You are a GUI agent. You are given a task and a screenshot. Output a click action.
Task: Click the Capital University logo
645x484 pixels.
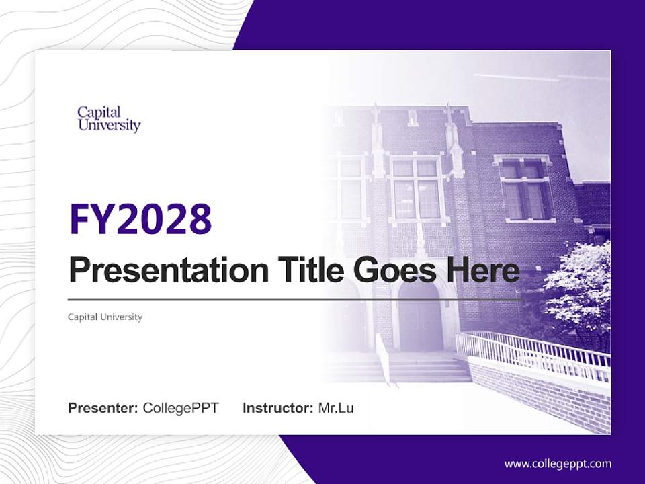click(x=109, y=118)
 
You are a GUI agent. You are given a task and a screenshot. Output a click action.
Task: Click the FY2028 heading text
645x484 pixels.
click(x=140, y=219)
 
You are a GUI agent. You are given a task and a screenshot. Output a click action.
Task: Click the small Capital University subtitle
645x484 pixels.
click(x=105, y=317)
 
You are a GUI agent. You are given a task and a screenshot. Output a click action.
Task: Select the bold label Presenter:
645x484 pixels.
click(x=103, y=408)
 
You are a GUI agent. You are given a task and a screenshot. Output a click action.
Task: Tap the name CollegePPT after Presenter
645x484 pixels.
click(x=181, y=408)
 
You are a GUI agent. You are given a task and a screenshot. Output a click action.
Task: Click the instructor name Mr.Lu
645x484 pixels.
click(x=335, y=408)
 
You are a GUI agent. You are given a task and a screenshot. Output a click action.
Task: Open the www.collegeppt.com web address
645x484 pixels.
click(x=558, y=464)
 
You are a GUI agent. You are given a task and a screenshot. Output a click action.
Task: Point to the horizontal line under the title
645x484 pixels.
click(x=296, y=300)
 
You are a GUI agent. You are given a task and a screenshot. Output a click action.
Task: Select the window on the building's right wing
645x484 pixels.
click(x=523, y=190)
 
